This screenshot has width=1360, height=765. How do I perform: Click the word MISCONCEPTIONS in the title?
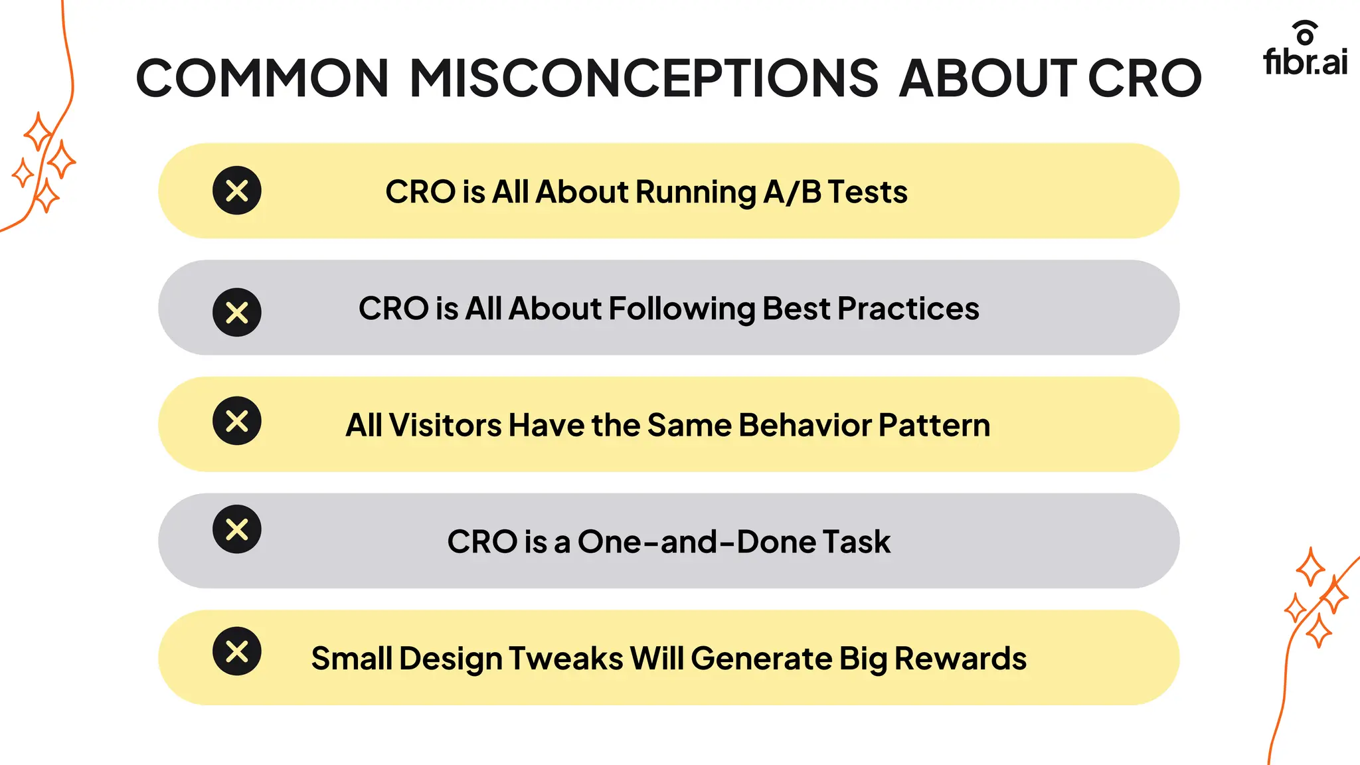point(643,78)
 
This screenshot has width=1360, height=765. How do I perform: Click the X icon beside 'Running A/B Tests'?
point(237,191)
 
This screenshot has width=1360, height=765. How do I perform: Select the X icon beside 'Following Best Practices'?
point(237,312)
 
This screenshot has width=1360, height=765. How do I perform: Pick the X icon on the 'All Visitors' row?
point(237,420)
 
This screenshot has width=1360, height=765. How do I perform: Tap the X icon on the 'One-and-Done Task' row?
point(237,529)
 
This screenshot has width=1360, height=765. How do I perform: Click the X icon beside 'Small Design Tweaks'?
point(237,651)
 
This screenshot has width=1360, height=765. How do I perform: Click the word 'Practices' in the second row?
point(908,309)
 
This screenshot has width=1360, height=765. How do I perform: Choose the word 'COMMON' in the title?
point(262,78)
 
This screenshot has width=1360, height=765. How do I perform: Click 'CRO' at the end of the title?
point(1144,78)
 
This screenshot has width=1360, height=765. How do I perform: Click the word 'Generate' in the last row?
point(761,659)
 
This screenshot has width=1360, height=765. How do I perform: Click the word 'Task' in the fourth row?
point(856,542)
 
